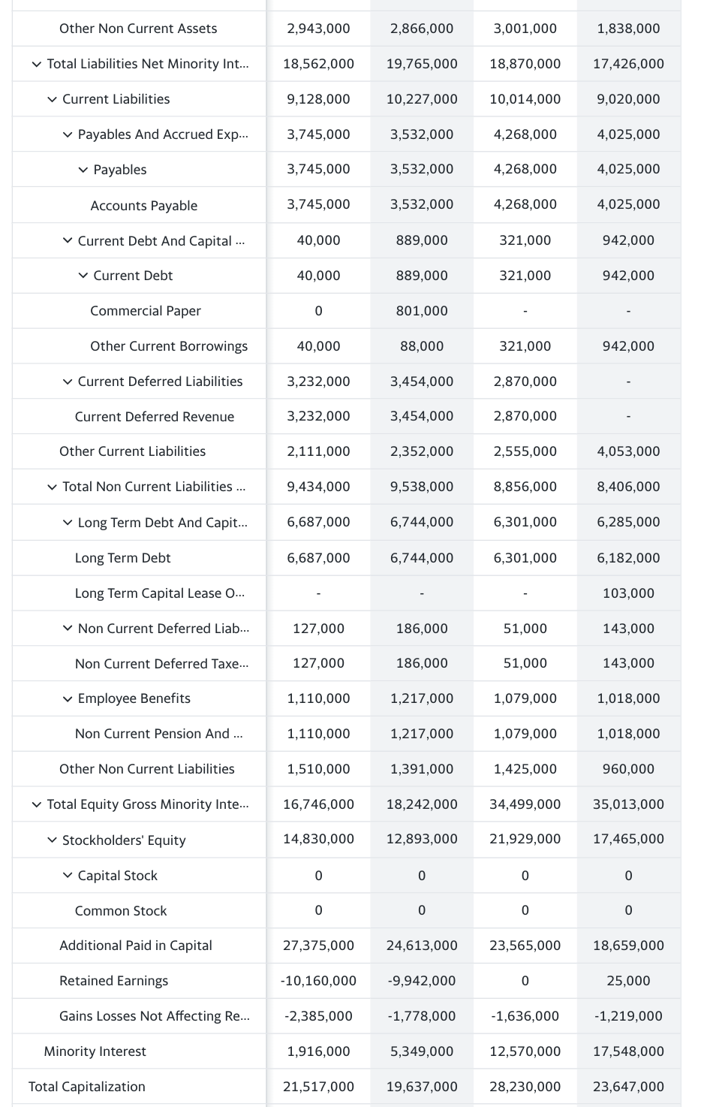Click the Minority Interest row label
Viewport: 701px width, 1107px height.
tap(95, 1051)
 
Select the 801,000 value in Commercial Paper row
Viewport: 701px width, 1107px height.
tap(422, 311)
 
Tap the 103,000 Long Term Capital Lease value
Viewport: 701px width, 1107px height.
tap(628, 593)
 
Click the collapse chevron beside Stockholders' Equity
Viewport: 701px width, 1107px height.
tap(52, 840)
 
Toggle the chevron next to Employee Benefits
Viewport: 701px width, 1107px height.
tap(68, 698)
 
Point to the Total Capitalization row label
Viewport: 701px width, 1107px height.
tap(86, 1087)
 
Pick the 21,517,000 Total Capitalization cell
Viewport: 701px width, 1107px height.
tap(318, 1087)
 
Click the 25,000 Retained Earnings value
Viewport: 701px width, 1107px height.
tap(628, 981)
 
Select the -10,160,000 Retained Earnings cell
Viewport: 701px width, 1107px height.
tap(318, 981)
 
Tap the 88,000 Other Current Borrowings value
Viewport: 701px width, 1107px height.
tap(422, 346)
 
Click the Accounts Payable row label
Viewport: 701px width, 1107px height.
tap(143, 206)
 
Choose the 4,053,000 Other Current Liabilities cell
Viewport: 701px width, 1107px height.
tap(628, 451)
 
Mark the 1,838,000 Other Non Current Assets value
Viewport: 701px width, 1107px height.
tap(628, 29)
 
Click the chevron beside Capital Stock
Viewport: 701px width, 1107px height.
tap(68, 875)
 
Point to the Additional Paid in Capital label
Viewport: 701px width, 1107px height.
tap(135, 946)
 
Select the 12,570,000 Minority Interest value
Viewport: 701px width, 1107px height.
tap(525, 1051)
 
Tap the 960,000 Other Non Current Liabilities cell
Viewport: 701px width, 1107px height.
tap(628, 769)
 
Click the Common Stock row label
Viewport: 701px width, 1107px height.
tap(121, 911)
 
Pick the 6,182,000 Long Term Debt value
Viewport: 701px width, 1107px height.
tap(628, 558)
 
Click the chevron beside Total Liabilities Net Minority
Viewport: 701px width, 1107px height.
tap(37, 64)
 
